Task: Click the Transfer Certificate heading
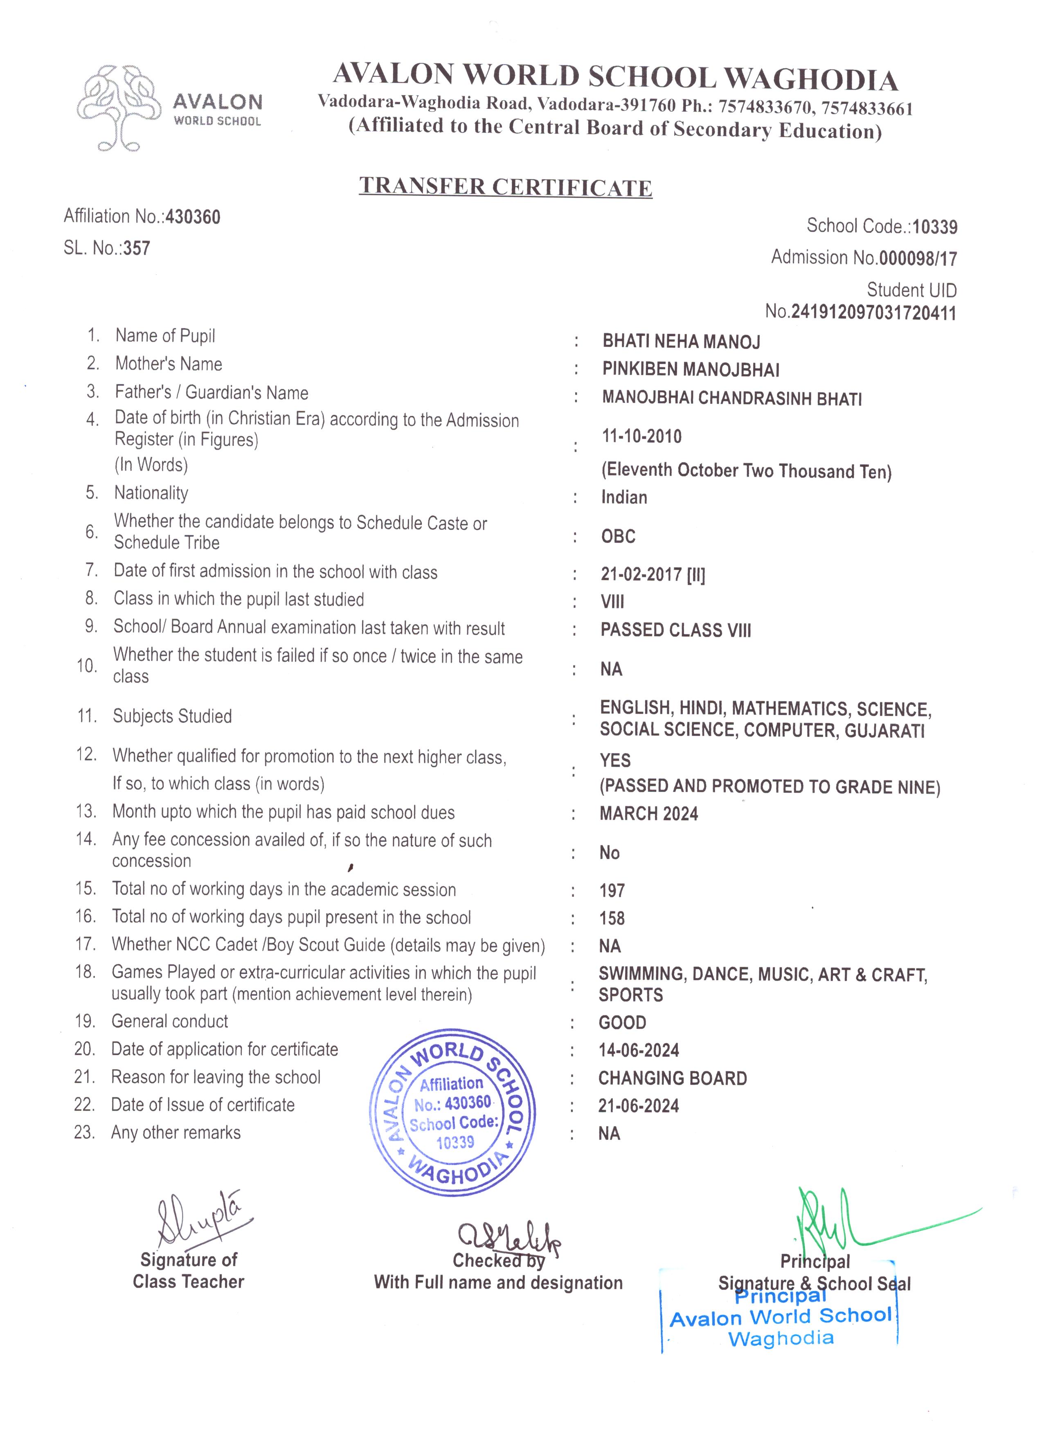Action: [505, 187]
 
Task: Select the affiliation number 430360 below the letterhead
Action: [193, 217]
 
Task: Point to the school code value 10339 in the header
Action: [934, 227]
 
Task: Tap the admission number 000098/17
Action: [918, 258]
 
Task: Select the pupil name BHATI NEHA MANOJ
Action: [681, 342]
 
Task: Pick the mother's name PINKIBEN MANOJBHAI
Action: [691, 370]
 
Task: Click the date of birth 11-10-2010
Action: [641, 436]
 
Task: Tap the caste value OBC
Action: [618, 536]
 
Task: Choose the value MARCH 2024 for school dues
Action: [649, 814]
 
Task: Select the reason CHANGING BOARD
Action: [673, 1078]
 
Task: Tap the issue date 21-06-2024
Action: [638, 1106]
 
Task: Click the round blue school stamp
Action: [452, 1112]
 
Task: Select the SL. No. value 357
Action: [137, 248]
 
